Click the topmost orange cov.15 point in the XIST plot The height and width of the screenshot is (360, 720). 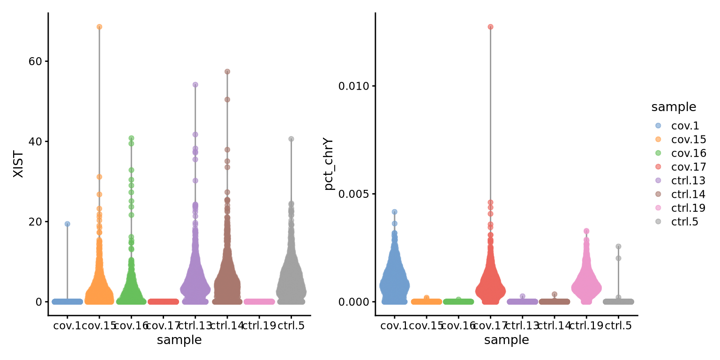tap(99, 27)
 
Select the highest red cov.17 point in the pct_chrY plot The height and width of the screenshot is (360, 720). tap(490, 27)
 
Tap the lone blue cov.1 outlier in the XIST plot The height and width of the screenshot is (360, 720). tap(67, 224)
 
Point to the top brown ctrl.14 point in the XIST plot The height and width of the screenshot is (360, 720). tap(227, 72)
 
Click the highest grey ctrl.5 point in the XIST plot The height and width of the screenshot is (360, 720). tap(291, 139)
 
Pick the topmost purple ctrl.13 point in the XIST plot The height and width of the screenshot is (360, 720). tap(195, 85)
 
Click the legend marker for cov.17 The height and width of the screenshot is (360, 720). tap(658, 166)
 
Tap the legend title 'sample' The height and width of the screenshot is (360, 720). tap(674, 107)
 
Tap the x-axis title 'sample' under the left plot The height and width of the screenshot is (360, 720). tap(179, 340)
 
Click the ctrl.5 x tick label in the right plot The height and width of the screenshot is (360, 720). tap(618, 325)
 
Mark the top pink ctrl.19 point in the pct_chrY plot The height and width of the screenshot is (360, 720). tap(586, 231)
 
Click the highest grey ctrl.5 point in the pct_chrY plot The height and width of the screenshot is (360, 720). tap(618, 246)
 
